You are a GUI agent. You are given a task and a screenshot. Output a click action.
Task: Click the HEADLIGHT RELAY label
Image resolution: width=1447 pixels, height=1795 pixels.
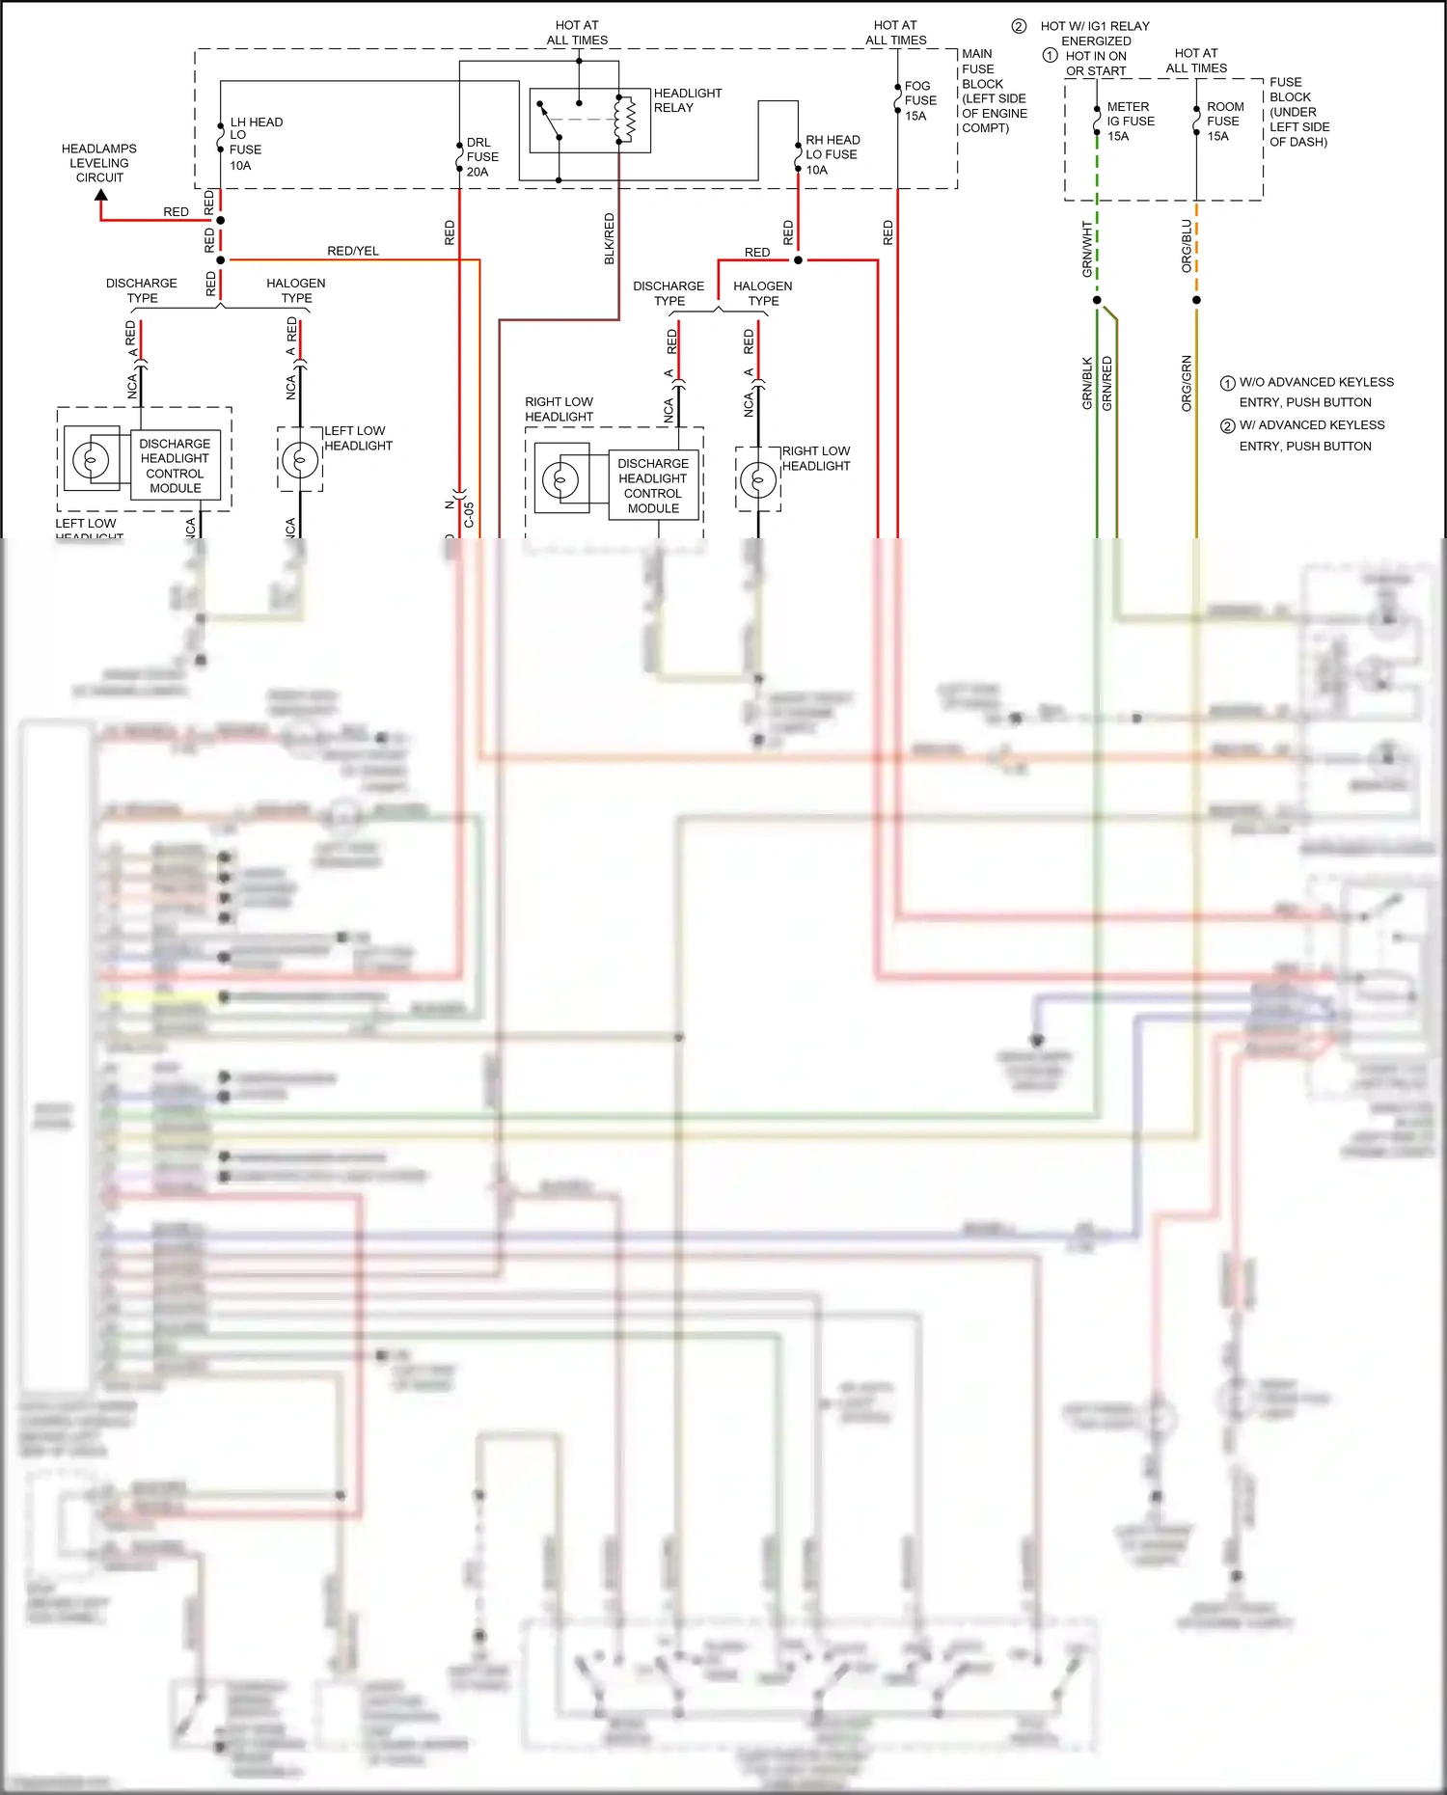(687, 100)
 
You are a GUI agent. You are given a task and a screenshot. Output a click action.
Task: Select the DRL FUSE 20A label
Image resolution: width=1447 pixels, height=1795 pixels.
(482, 157)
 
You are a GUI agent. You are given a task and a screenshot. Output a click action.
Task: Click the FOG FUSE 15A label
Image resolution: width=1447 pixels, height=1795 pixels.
(919, 100)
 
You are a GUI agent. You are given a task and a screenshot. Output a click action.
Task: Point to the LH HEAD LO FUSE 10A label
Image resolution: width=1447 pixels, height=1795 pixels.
(255, 144)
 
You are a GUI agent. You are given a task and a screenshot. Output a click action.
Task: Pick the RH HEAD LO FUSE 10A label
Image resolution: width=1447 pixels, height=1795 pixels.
(832, 154)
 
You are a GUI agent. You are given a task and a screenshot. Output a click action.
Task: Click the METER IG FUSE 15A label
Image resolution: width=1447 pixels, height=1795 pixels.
(1130, 122)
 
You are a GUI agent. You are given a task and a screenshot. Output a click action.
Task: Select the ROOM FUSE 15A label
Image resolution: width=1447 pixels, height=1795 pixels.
(1224, 122)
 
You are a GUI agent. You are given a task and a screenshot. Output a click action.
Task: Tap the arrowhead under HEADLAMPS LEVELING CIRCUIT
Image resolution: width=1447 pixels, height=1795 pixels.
(100, 196)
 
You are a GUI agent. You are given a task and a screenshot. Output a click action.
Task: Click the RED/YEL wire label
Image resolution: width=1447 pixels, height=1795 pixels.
(353, 251)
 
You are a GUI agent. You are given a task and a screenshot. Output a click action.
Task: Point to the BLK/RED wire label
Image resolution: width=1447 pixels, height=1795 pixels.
(609, 239)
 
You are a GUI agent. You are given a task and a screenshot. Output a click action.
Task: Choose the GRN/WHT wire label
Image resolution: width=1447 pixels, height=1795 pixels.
(1087, 250)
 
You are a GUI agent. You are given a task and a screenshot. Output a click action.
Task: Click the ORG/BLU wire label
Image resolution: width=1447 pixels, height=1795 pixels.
(1187, 246)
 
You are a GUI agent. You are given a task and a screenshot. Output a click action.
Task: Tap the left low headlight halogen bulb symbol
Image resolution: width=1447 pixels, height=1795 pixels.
(300, 460)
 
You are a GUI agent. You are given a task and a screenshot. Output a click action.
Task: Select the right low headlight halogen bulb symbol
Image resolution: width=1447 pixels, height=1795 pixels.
(758, 479)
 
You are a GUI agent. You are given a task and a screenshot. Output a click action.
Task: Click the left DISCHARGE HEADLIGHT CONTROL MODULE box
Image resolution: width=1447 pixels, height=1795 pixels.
(175, 466)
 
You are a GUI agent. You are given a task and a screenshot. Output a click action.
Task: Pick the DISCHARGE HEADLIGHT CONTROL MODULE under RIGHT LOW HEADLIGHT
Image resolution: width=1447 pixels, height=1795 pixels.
(653, 486)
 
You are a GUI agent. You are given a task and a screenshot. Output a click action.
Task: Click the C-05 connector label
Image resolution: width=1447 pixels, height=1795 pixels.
(469, 514)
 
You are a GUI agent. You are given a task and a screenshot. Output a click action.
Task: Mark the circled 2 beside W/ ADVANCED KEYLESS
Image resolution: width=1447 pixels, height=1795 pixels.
(1227, 425)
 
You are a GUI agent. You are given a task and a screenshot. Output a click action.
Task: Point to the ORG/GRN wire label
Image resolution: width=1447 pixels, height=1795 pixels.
(1187, 384)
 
